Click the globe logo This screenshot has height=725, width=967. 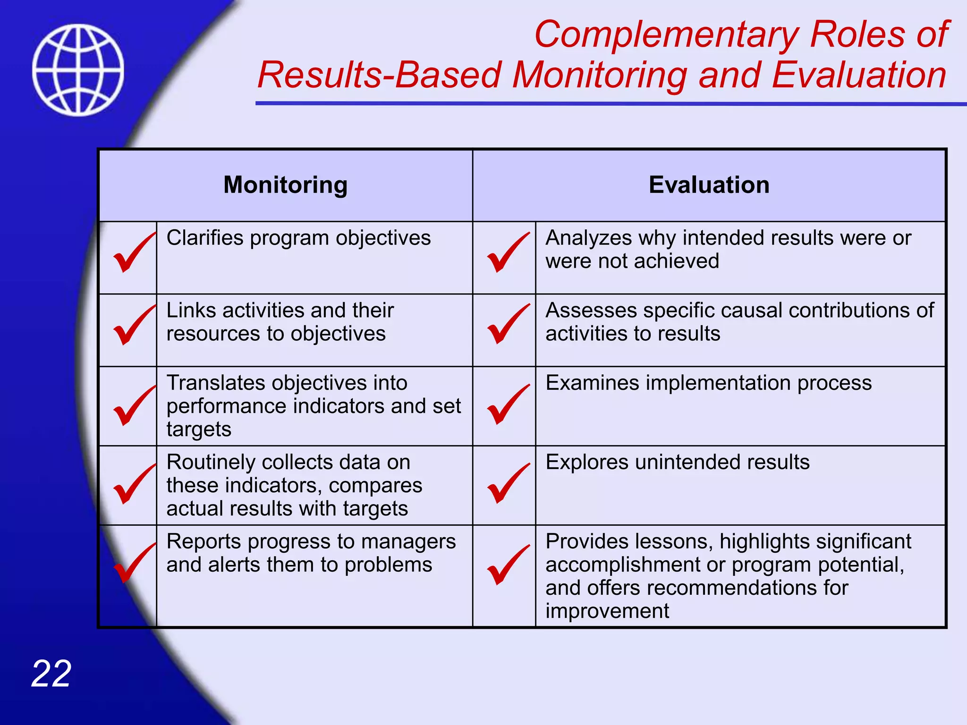tap(78, 70)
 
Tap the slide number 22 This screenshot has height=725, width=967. tap(51, 674)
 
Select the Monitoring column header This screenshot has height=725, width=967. tap(285, 185)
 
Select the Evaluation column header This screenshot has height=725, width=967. tap(709, 185)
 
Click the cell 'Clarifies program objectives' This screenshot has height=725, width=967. tap(298, 238)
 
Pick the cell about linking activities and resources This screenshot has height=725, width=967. tap(280, 322)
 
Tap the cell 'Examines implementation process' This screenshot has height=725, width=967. tap(708, 383)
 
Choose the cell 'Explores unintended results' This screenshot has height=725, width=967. tap(677, 462)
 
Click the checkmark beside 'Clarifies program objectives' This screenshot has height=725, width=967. tap(133, 253)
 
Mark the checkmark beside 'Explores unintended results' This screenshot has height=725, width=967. tap(507, 484)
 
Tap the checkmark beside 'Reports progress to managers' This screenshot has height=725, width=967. tap(133, 563)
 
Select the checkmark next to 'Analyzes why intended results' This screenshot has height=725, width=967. tap(507, 253)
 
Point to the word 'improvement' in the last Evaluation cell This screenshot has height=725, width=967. tap(607, 611)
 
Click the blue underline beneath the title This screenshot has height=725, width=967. tap(609, 103)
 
